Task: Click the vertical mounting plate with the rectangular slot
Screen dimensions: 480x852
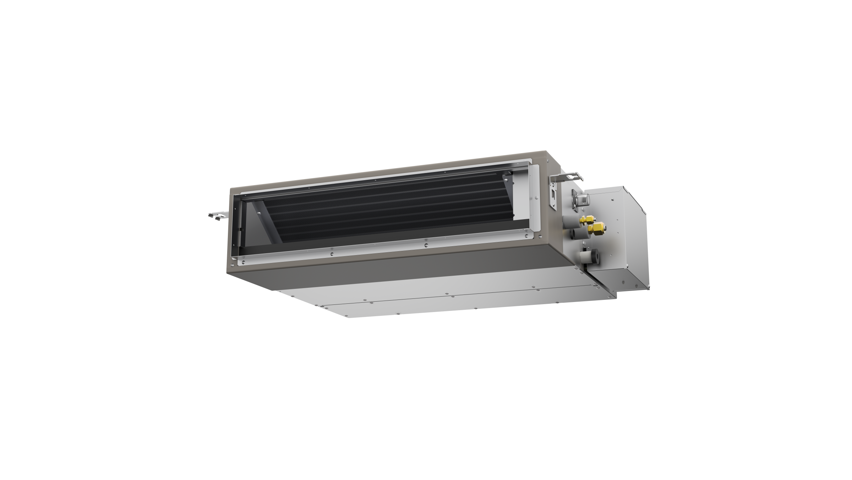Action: (x=553, y=196)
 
